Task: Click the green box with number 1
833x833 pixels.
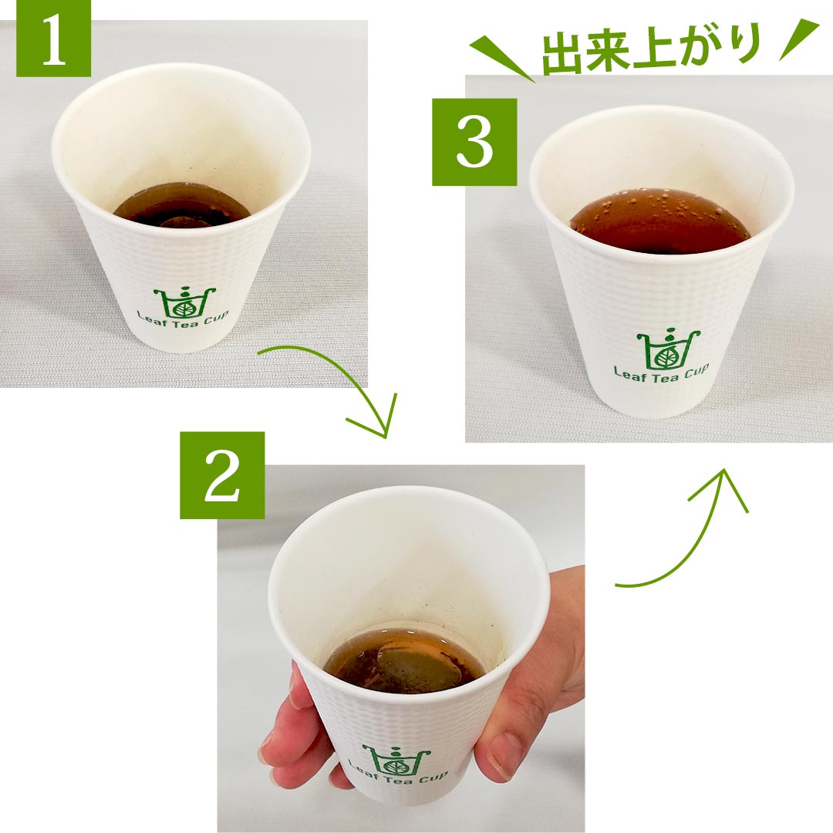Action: click(x=54, y=39)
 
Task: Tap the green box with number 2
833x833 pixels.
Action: click(x=222, y=475)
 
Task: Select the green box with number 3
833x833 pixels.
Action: click(x=474, y=142)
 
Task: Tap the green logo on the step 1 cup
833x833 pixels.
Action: click(x=184, y=303)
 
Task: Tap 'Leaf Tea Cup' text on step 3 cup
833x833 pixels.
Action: click(x=662, y=372)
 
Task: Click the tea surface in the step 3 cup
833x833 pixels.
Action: click(x=659, y=221)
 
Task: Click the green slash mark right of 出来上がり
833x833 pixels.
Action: click(x=799, y=40)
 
